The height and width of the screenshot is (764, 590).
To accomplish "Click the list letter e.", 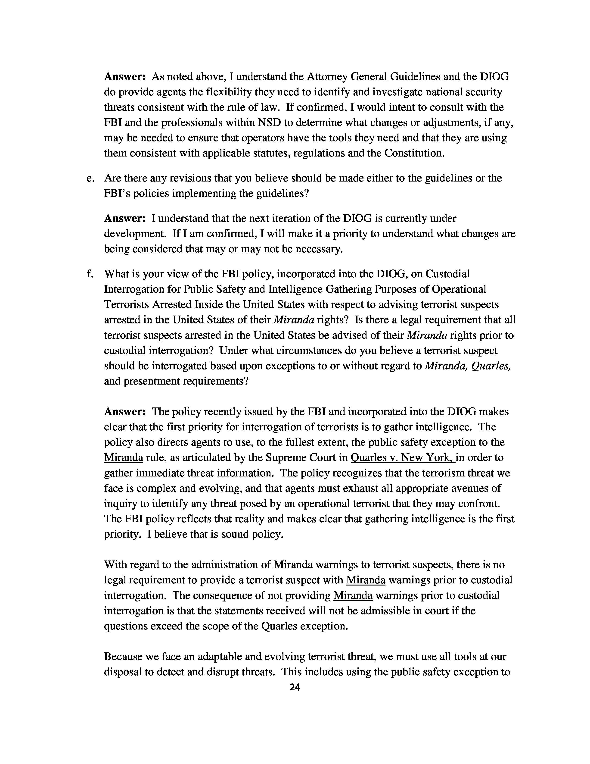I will (x=90, y=178).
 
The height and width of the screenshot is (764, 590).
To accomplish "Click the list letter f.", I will (x=90, y=274).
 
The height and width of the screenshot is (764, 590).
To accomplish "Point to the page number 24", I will (x=295, y=688).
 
